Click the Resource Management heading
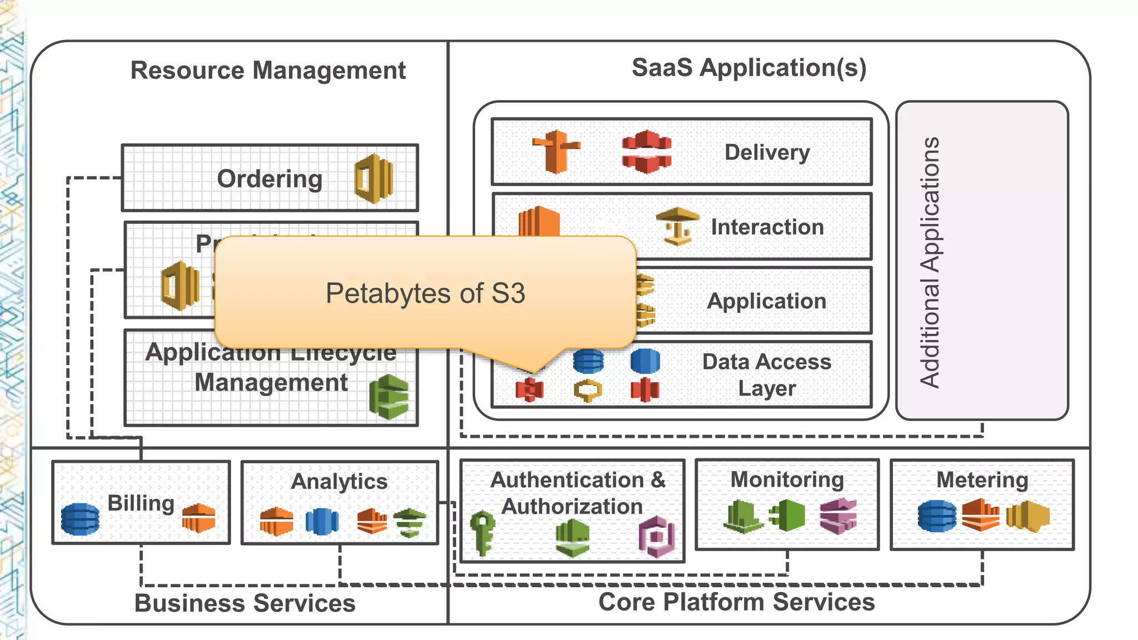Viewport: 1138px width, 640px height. [x=268, y=71]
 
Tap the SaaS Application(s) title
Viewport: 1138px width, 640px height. [x=748, y=68]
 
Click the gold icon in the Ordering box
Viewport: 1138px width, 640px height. [x=374, y=178]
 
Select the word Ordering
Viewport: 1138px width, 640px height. [x=269, y=179]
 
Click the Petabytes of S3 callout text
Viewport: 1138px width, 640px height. [x=425, y=293]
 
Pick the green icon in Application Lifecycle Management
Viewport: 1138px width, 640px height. [x=389, y=397]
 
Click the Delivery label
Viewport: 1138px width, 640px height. [x=767, y=152]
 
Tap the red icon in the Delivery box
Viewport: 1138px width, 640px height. [x=646, y=152]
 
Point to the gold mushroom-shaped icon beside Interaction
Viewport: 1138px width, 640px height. [x=677, y=226]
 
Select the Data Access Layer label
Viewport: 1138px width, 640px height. [x=766, y=375]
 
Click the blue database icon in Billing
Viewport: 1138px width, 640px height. [x=81, y=519]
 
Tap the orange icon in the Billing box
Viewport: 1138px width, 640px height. [x=198, y=518]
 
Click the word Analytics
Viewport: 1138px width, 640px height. [x=339, y=481]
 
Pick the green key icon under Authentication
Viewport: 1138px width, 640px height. [x=482, y=532]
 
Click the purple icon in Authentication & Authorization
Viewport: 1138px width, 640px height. [x=656, y=537]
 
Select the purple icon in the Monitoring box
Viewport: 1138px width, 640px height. [x=838, y=516]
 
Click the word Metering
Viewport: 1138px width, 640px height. [x=982, y=480]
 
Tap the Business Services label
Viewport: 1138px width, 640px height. [x=244, y=603]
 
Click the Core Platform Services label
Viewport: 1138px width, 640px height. [x=736, y=602]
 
